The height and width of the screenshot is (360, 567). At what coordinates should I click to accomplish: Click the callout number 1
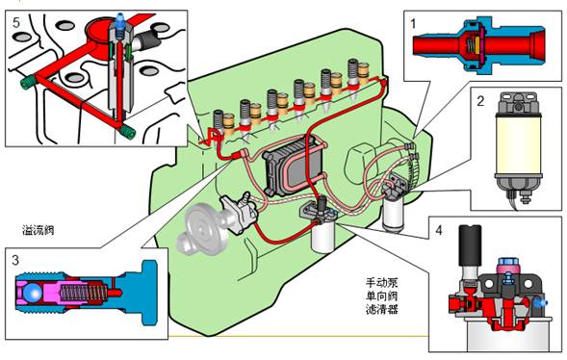[x=413, y=24]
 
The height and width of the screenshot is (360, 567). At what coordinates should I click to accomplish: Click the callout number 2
[x=480, y=101]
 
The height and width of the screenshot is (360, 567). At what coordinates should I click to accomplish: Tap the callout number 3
[x=14, y=260]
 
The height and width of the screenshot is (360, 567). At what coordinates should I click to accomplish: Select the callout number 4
[x=439, y=230]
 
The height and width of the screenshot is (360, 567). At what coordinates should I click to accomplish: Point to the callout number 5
[x=16, y=22]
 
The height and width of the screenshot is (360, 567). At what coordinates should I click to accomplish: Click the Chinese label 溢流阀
[x=39, y=230]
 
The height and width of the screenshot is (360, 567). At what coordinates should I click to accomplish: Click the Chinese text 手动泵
[x=381, y=282]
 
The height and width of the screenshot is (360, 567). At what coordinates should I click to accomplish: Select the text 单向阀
[x=381, y=296]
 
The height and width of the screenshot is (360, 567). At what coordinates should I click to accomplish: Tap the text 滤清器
[x=381, y=310]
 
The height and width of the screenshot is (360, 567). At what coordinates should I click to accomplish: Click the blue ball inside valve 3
[x=32, y=293]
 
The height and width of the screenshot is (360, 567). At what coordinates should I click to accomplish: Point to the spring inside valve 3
[x=83, y=293]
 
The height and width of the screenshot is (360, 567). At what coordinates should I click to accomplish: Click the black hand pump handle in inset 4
[x=470, y=245]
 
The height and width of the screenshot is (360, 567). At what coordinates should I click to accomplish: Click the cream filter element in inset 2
[x=519, y=144]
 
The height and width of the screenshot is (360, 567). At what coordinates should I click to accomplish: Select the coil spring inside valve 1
[x=470, y=45]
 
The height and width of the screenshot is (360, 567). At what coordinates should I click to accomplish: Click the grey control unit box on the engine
[x=293, y=167]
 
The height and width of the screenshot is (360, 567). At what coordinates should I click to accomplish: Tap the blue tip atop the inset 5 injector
[x=120, y=17]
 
